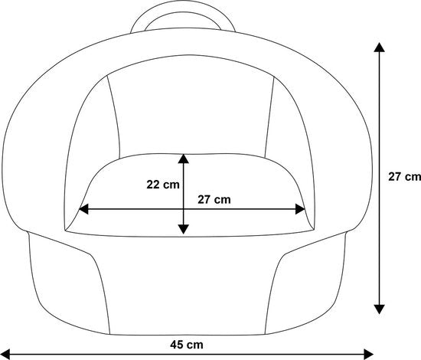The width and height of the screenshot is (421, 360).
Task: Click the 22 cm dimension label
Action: click(x=163, y=185)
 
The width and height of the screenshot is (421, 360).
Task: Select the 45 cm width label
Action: click(x=187, y=345)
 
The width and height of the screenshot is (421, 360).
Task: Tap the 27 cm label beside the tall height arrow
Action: click(x=404, y=177)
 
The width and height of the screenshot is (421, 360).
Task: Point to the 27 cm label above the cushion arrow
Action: click(x=214, y=200)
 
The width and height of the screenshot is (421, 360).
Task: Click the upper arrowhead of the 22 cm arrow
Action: click(x=184, y=159)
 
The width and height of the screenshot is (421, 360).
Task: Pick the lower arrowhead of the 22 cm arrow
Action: click(x=184, y=229)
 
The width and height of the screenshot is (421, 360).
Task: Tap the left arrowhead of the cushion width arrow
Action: click(x=83, y=209)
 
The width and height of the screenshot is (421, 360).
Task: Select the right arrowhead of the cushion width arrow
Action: click(x=300, y=209)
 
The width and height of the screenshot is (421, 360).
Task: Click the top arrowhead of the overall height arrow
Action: click(x=379, y=47)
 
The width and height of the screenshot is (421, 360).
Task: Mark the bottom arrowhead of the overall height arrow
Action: click(x=379, y=309)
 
